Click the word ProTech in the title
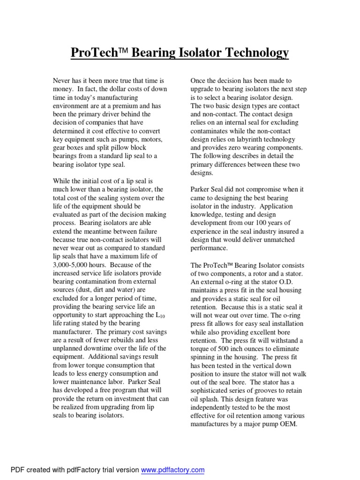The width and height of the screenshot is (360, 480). [x=92, y=53]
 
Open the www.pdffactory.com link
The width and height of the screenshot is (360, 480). [x=172, y=470]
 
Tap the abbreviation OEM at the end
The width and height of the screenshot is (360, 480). [x=289, y=425]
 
